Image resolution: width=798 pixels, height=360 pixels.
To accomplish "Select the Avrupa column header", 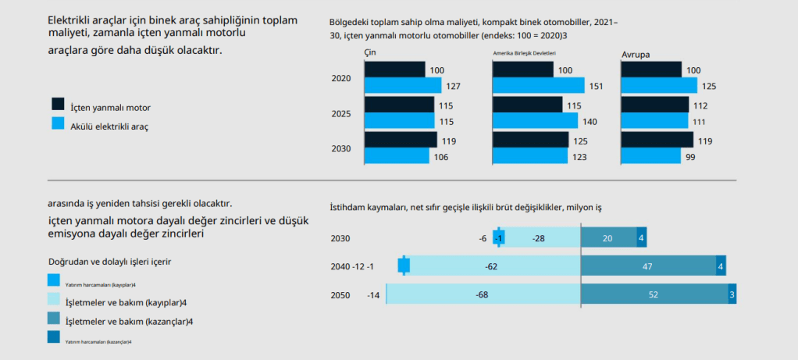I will point(636,54).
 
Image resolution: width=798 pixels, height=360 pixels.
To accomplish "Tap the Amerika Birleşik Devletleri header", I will point(529,54).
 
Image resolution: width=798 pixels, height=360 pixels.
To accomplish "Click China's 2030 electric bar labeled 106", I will point(397,156).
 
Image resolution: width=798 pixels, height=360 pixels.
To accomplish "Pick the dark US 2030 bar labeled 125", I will point(531,141).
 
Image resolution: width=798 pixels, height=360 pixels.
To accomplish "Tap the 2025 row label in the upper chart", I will point(341,114).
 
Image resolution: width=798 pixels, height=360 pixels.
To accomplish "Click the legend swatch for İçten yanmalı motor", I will point(57,104).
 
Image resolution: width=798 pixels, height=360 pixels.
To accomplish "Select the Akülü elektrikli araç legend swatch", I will point(57,123).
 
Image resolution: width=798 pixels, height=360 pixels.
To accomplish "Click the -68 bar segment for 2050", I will point(483,294).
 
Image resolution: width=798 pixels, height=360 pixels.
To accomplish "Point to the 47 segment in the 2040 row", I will point(648,266).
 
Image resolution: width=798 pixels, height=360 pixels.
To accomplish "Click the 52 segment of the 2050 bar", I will point(654,294).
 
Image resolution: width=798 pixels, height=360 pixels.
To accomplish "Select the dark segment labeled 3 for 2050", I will point(732,294).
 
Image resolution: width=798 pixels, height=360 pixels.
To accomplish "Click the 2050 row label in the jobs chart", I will point(340,294).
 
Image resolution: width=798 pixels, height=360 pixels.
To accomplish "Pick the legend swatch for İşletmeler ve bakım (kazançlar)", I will point(54,319).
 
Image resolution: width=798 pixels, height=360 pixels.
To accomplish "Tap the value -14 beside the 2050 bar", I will point(373,294).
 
